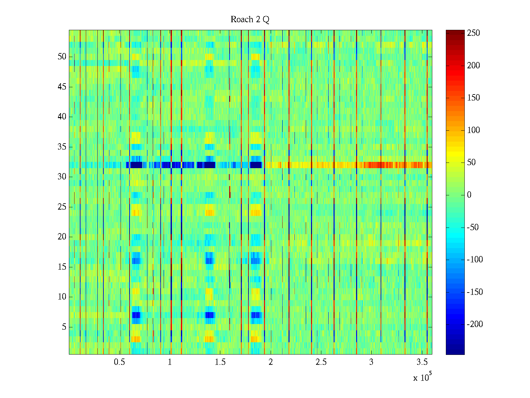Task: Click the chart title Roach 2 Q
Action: [x=250, y=20]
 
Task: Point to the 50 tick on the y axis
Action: [x=62, y=57]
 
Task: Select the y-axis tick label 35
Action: [x=62, y=147]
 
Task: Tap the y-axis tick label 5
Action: [x=64, y=327]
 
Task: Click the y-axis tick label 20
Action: [x=62, y=237]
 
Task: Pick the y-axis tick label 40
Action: [x=62, y=117]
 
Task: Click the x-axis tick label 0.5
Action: [x=119, y=362]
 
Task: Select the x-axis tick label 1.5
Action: [x=220, y=362]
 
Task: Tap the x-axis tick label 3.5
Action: [x=422, y=362]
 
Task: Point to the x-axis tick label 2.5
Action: [x=321, y=362]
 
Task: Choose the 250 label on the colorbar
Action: [x=473, y=33]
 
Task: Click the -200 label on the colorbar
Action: [x=475, y=324]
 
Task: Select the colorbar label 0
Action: [x=469, y=195]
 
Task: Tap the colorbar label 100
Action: [x=473, y=130]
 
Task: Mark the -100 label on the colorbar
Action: [x=475, y=260]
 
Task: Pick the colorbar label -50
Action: [x=473, y=228]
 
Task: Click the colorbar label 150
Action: [x=473, y=98]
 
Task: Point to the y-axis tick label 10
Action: [x=62, y=297]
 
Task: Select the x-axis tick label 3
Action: [x=371, y=362]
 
